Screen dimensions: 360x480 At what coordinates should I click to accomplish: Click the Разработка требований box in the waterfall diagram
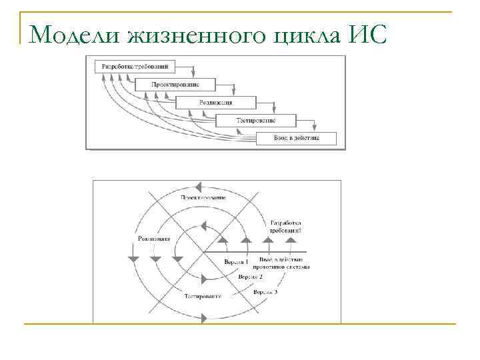point(135,67)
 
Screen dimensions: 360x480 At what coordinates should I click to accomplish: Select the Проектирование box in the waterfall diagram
point(175,85)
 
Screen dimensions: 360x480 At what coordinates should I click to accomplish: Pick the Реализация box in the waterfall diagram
point(216,103)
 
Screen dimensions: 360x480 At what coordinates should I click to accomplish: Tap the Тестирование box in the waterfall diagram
point(256,121)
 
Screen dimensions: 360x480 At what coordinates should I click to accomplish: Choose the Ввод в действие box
point(297,139)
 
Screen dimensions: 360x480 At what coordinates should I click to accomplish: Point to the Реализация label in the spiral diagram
point(153,238)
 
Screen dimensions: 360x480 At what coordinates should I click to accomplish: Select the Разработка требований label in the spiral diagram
point(286,226)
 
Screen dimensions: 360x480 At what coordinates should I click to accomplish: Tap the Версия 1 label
point(236,263)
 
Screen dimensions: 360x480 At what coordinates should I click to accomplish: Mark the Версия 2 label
point(251,275)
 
